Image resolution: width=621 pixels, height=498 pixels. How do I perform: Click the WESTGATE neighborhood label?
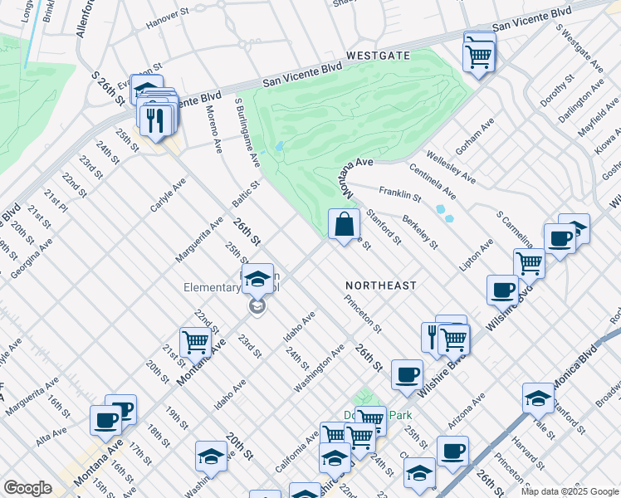click(x=379, y=55)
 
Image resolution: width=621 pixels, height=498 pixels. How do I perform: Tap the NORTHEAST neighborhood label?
click(x=381, y=285)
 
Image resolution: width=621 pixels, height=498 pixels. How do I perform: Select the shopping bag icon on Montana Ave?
click(x=344, y=224)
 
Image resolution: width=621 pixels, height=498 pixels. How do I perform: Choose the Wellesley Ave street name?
click(x=451, y=166)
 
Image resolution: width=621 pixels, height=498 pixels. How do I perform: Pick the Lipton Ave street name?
click(x=477, y=255)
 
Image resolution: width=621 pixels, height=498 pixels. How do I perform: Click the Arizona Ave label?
click(x=467, y=412)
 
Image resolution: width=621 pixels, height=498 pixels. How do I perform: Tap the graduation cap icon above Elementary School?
click(x=258, y=278)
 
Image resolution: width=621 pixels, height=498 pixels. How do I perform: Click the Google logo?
click(x=27, y=488)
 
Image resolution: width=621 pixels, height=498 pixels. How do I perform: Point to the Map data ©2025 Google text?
click(x=569, y=491)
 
